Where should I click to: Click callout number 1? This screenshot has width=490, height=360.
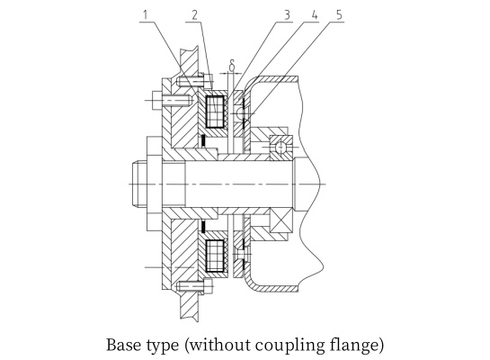146,14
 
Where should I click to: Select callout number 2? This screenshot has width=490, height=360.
195,14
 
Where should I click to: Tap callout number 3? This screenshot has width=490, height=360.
287,14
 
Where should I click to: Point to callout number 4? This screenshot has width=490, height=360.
314,14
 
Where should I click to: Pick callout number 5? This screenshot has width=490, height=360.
339,14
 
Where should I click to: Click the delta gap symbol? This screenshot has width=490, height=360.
232,65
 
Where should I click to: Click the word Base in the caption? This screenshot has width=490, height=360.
124,345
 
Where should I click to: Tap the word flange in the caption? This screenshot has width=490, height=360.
354,346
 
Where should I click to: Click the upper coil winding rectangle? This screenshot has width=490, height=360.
215,112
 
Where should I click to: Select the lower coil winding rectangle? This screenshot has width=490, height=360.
215,256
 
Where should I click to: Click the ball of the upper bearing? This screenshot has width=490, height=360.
281,147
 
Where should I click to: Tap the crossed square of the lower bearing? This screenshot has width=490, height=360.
281,220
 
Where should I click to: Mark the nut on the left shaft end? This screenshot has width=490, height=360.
139,184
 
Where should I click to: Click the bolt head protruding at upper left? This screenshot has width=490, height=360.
156,100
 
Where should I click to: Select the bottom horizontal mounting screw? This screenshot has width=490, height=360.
194,286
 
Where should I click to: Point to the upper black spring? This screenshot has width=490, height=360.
203,140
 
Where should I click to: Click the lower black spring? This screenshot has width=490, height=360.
203,227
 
